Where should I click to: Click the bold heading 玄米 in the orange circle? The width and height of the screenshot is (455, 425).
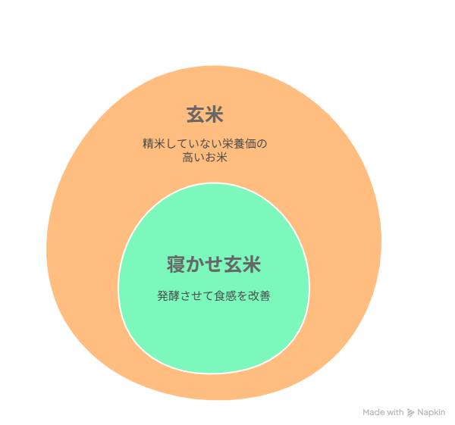click(x=205, y=114)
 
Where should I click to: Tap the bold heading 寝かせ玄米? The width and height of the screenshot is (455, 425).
click(x=214, y=264)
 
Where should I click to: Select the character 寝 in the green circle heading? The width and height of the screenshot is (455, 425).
click(x=176, y=264)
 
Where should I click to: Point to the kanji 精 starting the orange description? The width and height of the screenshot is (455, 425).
click(x=148, y=144)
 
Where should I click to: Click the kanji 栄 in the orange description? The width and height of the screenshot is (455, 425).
click(x=227, y=144)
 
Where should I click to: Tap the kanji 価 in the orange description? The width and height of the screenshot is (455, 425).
click(x=250, y=144)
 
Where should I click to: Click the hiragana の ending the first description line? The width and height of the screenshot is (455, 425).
click(x=262, y=144)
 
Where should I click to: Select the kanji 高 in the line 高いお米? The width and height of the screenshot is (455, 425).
click(x=188, y=158)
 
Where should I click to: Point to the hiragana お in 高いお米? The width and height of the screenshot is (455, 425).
click(x=210, y=158)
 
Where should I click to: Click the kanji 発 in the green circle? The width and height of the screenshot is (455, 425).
click(x=163, y=296)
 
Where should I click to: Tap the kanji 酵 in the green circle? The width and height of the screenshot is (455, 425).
click(x=174, y=296)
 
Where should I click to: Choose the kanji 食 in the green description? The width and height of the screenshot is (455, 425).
click(x=220, y=296)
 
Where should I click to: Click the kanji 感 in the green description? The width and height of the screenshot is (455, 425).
click(x=231, y=296)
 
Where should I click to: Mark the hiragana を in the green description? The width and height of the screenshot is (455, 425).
click(x=243, y=296)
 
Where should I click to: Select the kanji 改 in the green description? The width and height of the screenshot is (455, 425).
click(x=253, y=296)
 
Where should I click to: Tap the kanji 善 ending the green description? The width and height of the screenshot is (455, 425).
click(x=265, y=296)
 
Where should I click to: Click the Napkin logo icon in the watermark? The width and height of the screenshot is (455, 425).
click(x=410, y=413)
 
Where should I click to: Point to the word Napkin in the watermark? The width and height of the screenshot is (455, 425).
click(x=431, y=413)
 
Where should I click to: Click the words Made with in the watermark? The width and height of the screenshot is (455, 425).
click(x=383, y=412)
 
